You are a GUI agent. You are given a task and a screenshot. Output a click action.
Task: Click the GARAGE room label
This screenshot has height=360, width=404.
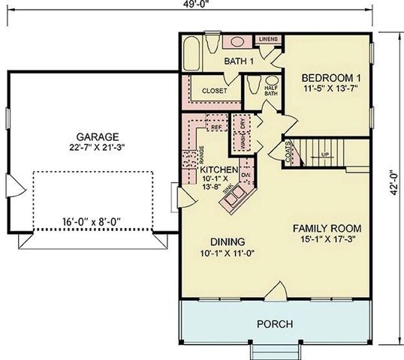(97, 136)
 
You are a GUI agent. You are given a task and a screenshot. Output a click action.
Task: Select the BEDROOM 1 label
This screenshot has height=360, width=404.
(331, 76)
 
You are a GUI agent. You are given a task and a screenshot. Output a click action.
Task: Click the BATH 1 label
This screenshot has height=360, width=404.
(240, 61)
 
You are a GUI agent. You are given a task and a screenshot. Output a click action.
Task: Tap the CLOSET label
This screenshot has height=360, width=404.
(213, 91)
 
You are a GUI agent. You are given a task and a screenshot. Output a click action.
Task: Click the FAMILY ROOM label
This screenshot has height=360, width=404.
(327, 227)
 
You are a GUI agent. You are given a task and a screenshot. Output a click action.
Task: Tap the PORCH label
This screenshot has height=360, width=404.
(275, 324)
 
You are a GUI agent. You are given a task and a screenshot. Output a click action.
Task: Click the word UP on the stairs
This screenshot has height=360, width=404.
(325, 155)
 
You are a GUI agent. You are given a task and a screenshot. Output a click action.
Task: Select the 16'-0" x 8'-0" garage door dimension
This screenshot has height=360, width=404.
(92, 220)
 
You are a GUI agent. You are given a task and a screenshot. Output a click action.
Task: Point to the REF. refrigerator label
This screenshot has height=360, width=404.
(216, 127)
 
